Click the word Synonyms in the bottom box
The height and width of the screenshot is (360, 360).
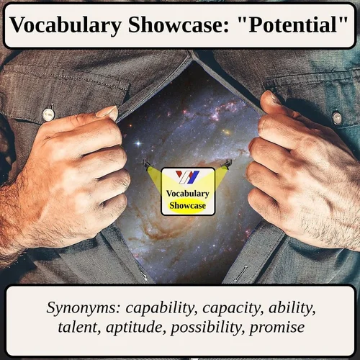tap(84, 309)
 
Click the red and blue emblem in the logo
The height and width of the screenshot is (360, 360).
tap(188, 177)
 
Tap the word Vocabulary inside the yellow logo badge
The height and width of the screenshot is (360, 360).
tap(188, 194)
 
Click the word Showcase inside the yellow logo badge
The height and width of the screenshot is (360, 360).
tap(188, 206)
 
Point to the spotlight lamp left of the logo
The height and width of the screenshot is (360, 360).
tap(148, 164)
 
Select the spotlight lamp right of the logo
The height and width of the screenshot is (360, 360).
tap(228, 164)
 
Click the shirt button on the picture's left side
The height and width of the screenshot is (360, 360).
tap(48, 114)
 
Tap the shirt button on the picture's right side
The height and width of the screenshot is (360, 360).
tap(336, 117)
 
